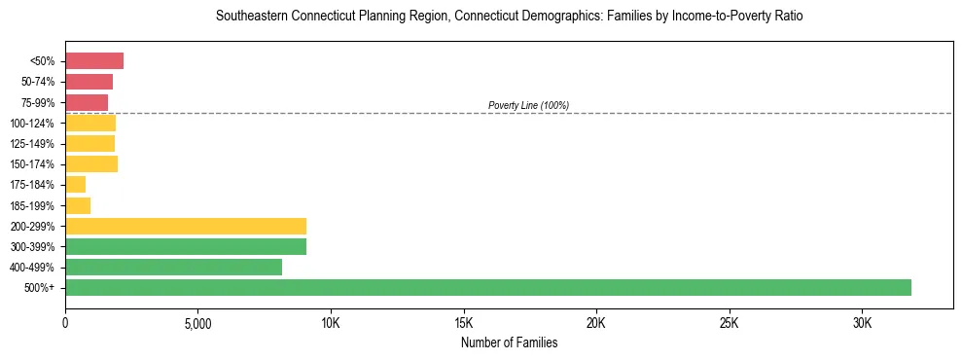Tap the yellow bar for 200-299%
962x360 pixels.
click(x=186, y=226)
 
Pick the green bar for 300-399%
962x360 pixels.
click(x=186, y=246)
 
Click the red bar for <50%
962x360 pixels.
click(x=94, y=61)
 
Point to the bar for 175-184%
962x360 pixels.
click(x=76, y=184)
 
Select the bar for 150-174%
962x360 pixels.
click(x=91, y=163)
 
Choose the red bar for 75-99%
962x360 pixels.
click(x=87, y=102)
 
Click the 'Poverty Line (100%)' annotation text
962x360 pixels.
click(x=528, y=105)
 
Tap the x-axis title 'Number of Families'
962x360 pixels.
click(x=509, y=342)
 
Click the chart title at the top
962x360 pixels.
click(x=509, y=17)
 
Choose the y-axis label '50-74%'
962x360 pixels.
click(x=39, y=82)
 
